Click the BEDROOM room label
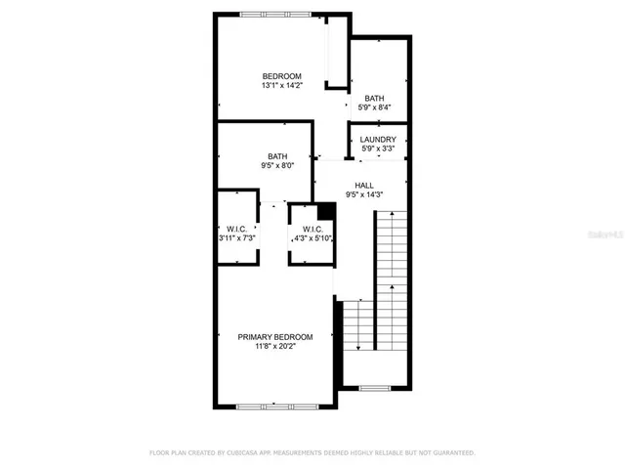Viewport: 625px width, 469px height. [x=281, y=76]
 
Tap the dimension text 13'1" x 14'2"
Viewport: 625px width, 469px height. [x=281, y=86]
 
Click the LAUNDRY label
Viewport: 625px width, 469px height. [x=377, y=140]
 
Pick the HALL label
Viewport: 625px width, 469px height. [x=364, y=185]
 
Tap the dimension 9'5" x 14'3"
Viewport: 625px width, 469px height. [x=364, y=194]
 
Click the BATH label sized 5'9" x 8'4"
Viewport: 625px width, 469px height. [x=374, y=98]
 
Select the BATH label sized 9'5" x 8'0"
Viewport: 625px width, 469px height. [x=277, y=156]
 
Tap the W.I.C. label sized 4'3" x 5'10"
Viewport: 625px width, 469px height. [x=312, y=230]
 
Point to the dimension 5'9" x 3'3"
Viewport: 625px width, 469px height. [x=377, y=149]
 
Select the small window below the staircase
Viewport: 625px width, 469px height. [x=374, y=388]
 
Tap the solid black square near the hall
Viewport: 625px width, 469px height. [x=327, y=210]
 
